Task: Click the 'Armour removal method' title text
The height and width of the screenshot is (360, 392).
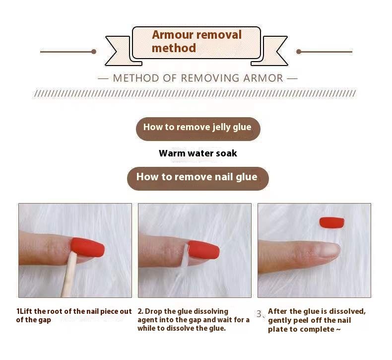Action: pyautogui.click(x=196, y=41)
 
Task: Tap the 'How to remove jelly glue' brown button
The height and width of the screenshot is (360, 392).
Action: pyautogui.click(x=198, y=129)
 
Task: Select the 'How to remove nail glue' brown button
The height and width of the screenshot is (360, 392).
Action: pyautogui.click(x=198, y=178)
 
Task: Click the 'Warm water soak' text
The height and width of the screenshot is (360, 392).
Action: pyautogui.click(x=198, y=153)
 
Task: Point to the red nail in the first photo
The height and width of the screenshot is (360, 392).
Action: pyautogui.click(x=87, y=247)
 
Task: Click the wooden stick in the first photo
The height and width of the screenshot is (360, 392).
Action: pyautogui.click(x=68, y=275)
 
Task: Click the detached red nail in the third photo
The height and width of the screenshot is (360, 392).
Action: pyautogui.click(x=332, y=222)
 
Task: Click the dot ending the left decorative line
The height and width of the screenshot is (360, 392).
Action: pyautogui.click(x=94, y=52)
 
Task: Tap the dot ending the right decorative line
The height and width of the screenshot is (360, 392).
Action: pyautogui.click(x=299, y=52)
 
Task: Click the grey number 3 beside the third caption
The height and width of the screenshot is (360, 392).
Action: pyautogui.click(x=259, y=314)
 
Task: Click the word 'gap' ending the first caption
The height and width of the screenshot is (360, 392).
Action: pyautogui.click(x=45, y=320)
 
